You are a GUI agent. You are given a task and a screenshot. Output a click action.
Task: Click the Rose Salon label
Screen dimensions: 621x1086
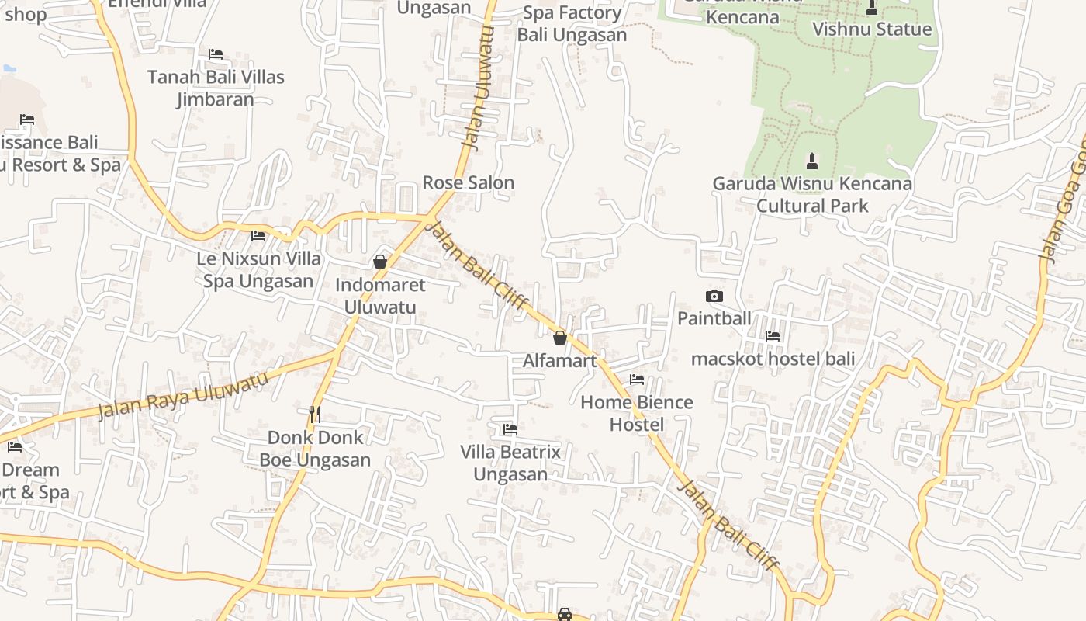coord(468,183)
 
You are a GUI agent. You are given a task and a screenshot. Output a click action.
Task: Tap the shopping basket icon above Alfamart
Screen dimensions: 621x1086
coord(560,338)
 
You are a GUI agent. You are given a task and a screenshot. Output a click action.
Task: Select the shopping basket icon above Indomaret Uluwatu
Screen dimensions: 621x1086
coord(380,262)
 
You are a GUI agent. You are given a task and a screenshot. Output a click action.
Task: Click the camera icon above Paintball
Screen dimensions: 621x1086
coord(714,296)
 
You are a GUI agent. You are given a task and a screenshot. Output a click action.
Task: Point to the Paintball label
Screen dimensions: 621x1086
coord(714,318)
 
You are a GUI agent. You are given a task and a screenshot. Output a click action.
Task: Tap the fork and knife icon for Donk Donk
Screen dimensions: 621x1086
coord(314,415)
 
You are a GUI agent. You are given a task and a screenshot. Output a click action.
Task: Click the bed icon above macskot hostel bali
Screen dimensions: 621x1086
coord(773,336)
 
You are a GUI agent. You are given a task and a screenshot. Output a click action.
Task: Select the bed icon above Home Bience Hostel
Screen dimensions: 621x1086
coord(637,380)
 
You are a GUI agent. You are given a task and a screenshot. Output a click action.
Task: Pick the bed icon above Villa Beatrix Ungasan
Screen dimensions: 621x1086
coord(510,428)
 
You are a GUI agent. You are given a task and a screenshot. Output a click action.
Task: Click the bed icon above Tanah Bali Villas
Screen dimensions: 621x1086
coord(216,54)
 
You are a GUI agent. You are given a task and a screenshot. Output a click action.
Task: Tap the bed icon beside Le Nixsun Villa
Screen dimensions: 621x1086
coord(258,235)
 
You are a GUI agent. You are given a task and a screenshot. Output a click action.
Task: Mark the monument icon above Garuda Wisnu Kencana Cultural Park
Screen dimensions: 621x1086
coord(812,161)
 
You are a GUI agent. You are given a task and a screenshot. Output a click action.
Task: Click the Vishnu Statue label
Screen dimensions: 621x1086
coord(872,29)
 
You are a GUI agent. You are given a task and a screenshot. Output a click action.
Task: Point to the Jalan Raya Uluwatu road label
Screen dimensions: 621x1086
coord(184,394)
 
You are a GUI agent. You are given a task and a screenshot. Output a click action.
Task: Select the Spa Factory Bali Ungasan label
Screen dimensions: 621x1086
coord(572,24)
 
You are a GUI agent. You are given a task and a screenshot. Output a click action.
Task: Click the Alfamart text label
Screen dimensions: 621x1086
coord(560,361)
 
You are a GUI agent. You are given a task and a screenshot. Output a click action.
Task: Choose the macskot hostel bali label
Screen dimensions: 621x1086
coord(773,359)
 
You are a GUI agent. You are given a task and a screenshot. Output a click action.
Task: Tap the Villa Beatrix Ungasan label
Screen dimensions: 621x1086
coord(510,463)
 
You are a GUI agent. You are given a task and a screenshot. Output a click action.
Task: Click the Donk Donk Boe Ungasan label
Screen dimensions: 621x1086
coord(315,449)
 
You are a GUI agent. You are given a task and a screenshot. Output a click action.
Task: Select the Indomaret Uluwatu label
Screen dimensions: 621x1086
coord(380,296)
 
